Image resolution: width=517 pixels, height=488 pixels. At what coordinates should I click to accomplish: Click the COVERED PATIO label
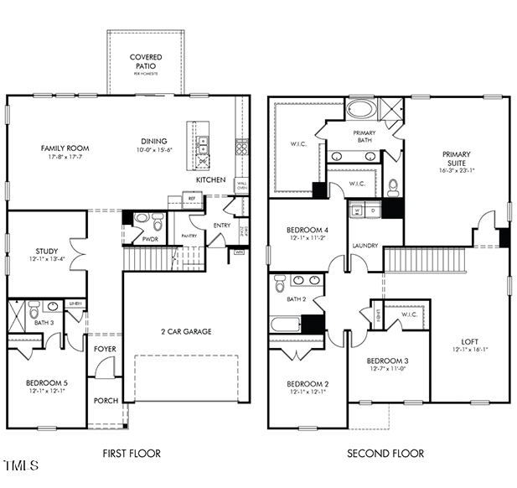[x=146, y=62]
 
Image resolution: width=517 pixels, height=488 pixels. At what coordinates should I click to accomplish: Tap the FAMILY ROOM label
[x=65, y=148]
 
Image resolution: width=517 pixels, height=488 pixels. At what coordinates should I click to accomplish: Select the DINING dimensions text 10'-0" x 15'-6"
[x=153, y=150]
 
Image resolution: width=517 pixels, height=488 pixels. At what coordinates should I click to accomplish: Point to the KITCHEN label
[x=209, y=180]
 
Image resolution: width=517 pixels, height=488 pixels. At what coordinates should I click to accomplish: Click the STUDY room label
[x=46, y=251]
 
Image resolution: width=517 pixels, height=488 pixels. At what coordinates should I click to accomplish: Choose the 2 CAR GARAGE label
[x=186, y=331]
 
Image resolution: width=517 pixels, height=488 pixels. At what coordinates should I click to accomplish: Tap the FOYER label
[x=105, y=349]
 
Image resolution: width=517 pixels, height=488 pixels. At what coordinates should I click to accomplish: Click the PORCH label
[x=106, y=400]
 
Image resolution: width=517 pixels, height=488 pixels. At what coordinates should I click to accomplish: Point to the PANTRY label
[x=189, y=236]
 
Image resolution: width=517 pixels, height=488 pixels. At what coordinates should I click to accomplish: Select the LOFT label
[x=470, y=341]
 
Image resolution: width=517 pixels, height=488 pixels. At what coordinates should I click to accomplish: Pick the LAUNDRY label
[x=365, y=246]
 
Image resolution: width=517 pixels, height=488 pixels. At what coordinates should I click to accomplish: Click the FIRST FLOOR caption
[x=132, y=454]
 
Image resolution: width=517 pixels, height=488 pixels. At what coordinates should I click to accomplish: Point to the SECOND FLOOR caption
[x=385, y=454]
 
